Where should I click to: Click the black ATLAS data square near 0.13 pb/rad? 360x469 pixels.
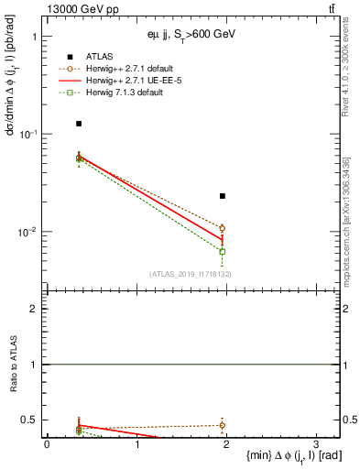click(79, 124)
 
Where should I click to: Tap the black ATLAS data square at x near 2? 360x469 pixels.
click(222, 196)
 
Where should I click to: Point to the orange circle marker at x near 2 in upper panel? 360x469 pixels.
click(222, 228)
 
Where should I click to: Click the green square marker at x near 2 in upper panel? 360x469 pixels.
click(222, 251)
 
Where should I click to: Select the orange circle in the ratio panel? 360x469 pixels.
click(222, 425)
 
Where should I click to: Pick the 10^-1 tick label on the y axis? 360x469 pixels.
click(30, 134)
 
